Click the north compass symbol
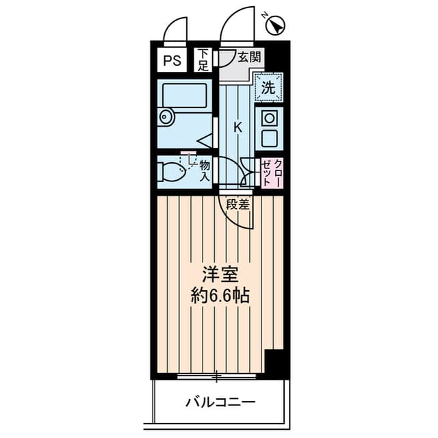tap(275, 26)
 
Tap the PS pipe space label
tap(172, 61)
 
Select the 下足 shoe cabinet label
tap(203, 60)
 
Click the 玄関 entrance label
tap(249, 57)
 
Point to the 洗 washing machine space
tap(268, 87)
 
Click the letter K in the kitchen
tap(237, 128)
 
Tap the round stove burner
tap(269, 118)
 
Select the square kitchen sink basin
tap(269, 138)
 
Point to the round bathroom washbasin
tap(166, 117)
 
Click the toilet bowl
tap(171, 172)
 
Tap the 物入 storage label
tap(205, 172)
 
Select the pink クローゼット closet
tap(272, 172)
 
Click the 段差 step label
tap(237, 205)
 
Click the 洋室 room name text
tap(220, 274)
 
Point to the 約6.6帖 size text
tap(220, 296)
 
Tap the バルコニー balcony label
tap(220, 402)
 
